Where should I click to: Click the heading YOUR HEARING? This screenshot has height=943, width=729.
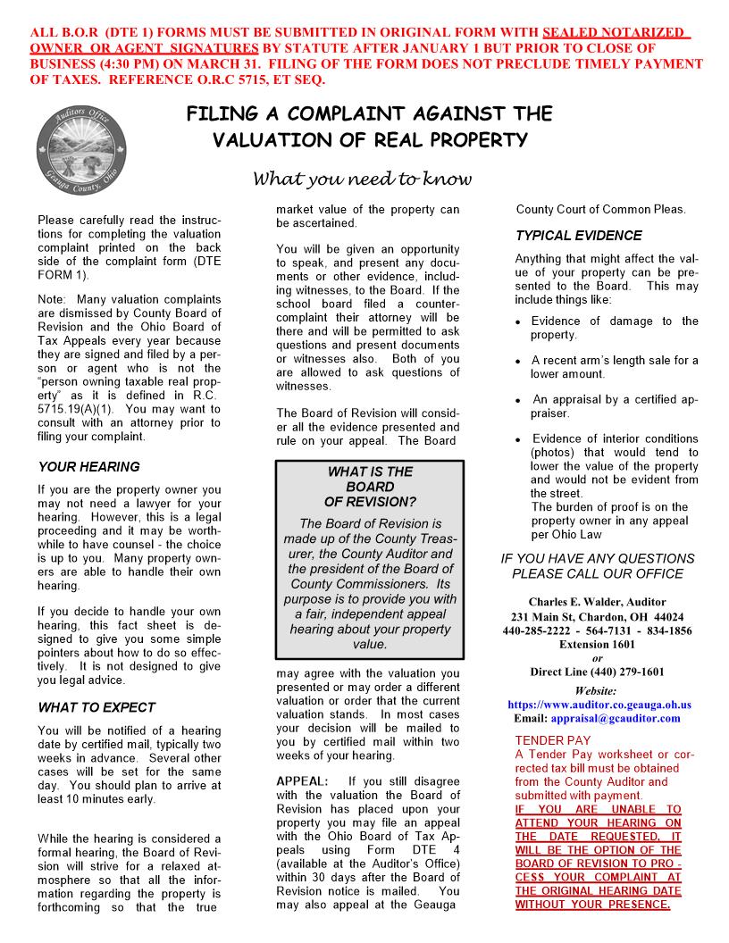[88, 466]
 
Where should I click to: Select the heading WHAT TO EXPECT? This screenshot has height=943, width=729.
[96, 707]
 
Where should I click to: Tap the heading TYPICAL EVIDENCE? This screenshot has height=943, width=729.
[578, 236]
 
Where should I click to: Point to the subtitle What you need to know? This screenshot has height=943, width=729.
[363, 179]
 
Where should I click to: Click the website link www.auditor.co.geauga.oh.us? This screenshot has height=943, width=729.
[599, 705]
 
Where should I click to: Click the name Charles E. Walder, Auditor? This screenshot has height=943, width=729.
[597, 602]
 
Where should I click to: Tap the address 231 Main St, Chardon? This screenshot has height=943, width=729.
[597, 617]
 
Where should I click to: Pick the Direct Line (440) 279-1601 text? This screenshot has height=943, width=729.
[597, 672]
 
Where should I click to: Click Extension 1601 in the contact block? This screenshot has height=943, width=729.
[597, 644]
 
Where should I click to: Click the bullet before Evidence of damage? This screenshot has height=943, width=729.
[519, 322]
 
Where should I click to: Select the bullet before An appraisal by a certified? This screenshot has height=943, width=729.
[519, 400]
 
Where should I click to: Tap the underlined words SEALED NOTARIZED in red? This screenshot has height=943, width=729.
[616, 33]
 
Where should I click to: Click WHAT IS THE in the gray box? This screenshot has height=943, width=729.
[370, 471]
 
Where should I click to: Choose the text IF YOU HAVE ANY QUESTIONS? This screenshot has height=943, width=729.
[597, 559]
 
